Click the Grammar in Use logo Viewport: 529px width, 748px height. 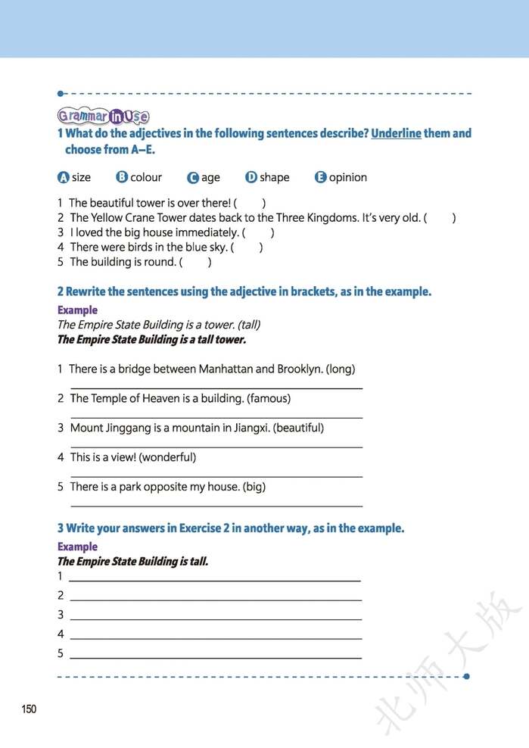coord(103,116)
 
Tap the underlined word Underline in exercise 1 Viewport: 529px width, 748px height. coord(396,133)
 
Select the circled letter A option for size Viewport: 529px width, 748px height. coord(64,178)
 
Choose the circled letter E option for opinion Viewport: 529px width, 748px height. coord(320,178)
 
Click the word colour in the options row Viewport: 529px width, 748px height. coord(146,177)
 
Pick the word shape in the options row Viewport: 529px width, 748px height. coord(274,177)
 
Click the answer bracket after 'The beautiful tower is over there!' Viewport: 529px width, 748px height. coord(250,203)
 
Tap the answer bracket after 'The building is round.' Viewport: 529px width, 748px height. coord(195,262)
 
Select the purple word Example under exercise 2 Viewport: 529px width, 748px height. coord(77,310)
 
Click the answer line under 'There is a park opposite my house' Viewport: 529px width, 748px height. coord(216,505)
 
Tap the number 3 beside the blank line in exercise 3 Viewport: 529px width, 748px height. coord(61,615)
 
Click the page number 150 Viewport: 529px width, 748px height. coord(29,709)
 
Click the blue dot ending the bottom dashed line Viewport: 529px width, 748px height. coord(466,676)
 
